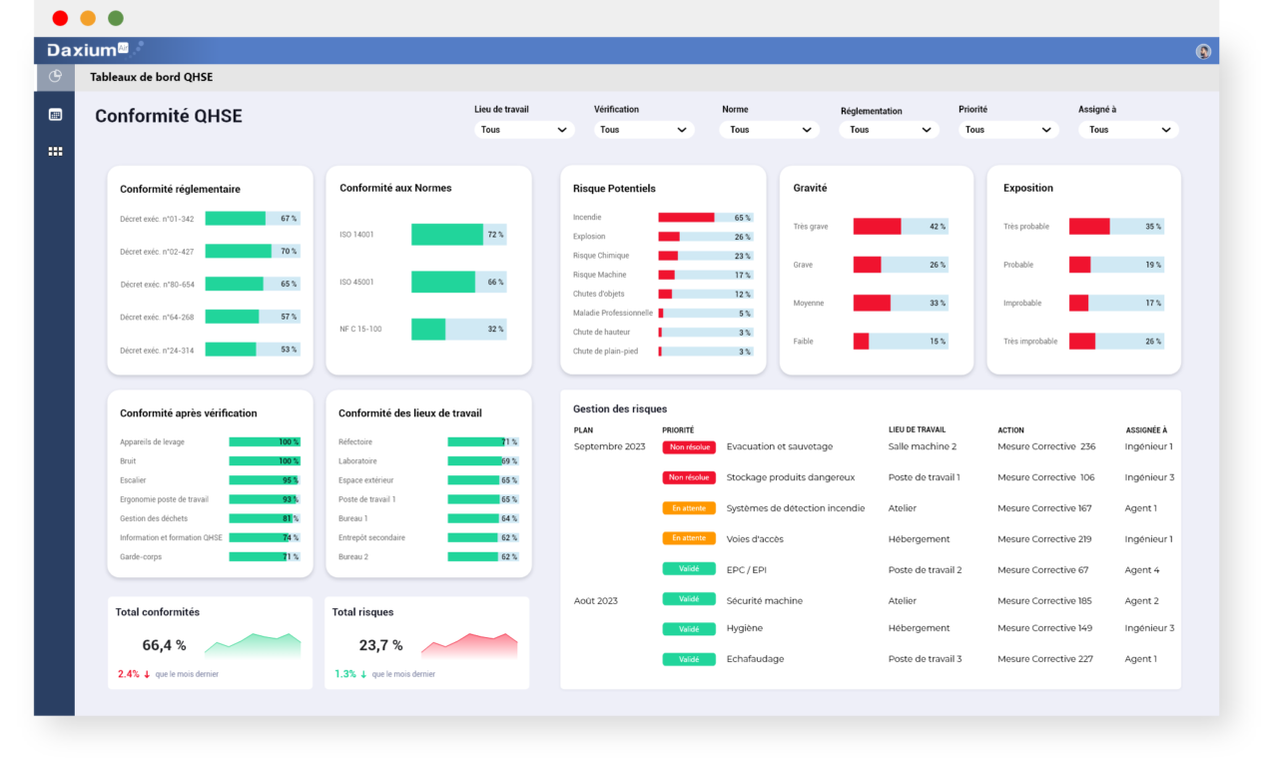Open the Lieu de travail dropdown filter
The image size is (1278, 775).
[x=524, y=130]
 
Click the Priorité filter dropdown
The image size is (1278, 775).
[x=1007, y=130]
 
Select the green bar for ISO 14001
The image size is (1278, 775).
[x=447, y=235]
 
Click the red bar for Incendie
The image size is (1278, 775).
[x=686, y=218]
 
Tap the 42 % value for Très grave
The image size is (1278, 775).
[x=937, y=227]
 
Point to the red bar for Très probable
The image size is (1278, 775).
[x=1089, y=227]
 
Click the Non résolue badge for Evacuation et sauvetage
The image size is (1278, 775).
[x=689, y=447]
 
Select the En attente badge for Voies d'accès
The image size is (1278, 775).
[x=689, y=538]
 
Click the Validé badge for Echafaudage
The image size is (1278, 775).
[x=689, y=659]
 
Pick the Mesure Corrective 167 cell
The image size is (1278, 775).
[x=1044, y=508]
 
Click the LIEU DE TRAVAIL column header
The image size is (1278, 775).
[x=917, y=430]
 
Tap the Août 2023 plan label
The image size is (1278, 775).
[x=596, y=601]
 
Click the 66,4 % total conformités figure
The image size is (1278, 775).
[x=164, y=645]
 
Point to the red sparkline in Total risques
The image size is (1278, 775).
[x=469, y=645]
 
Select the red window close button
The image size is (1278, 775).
[x=60, y=18]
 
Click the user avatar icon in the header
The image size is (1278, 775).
[x=1203, y=51]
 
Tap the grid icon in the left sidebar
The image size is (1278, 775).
[x=55, y=152]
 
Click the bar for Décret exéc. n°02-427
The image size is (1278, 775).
[x=238, y=252]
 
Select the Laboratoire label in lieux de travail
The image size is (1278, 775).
[x=357, y=461]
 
